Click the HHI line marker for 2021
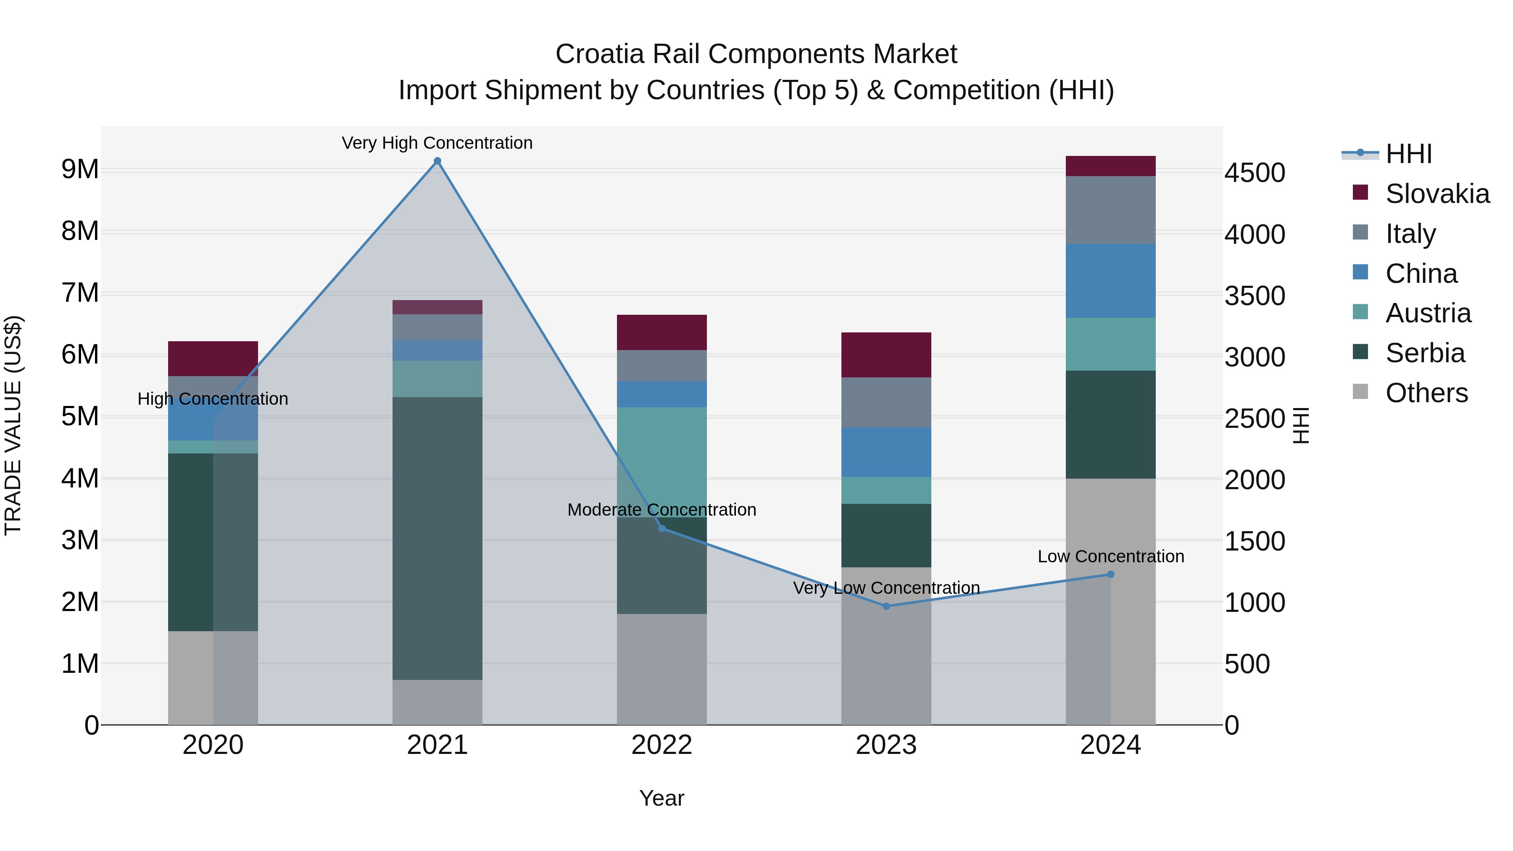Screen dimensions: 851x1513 pos(437,161)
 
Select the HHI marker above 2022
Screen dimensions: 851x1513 pos(662,529)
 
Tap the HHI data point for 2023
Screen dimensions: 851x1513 pos(886,606)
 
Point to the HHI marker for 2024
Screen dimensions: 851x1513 pos(1110,574)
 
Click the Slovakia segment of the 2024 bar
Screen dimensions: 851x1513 pos(1110,166)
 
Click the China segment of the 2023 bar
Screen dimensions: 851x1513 pos(886,452)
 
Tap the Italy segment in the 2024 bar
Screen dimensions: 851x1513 pos(1110,210)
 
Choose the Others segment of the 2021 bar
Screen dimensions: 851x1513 pos(437,702)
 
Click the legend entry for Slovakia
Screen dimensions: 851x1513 pos(1437,194)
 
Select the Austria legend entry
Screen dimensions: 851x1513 pos(1427,313)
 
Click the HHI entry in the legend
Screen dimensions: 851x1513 pos(1408,154)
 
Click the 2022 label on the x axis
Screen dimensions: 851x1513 pos(662,745)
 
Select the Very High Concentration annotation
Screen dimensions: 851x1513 pos(437,143)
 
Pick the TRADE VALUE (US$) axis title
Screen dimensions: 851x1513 pos(13,425)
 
